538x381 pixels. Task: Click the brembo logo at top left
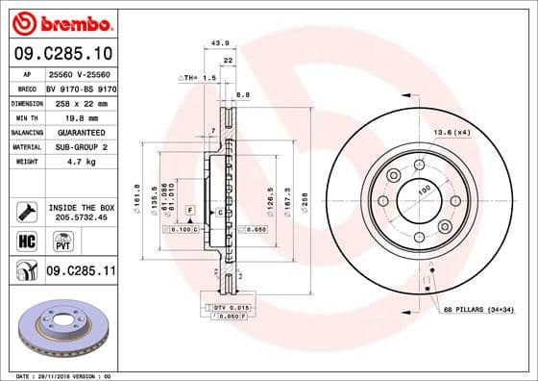(x=60, y=22)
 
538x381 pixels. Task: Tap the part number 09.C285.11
(x=81, y=272)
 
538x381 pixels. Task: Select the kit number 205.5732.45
(x=80, y=217)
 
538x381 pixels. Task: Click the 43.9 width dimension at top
(x=219, y=42)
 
